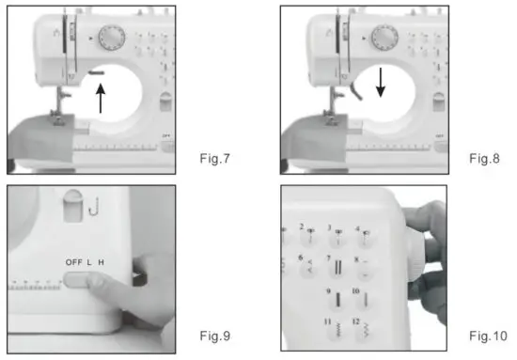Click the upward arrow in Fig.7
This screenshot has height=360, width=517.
[102, 98]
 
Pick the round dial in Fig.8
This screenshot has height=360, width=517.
[383, 38]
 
